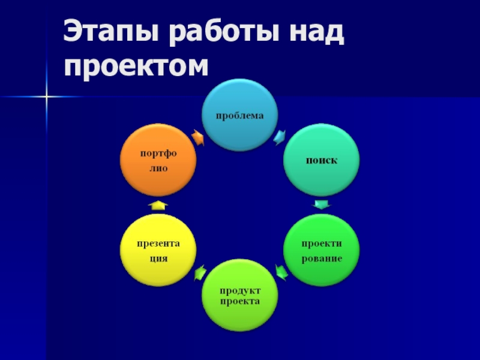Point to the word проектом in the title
(x=136, y=67)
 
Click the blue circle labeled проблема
(x=239, y=115)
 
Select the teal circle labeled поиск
(x=322, y=160)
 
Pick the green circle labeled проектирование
(x=322, y=250)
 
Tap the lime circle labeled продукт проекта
(x=240, y=295)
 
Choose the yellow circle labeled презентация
(x=158, y=250)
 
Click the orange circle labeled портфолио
(x=158, y=160)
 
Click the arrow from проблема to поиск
(x=280, y=137)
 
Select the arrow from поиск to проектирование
(x=322, y=205)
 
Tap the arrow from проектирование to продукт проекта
(x=281, y=272)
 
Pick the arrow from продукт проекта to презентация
(x=200, y=272)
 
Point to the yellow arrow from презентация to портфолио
(x=158, y=205)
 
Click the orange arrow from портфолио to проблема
(x=198, y=137)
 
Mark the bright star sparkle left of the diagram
(x=47, y=97)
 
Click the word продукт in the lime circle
(x=240, y=290)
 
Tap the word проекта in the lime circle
(x=240, y=301)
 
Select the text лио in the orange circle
(x=158, y=169)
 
